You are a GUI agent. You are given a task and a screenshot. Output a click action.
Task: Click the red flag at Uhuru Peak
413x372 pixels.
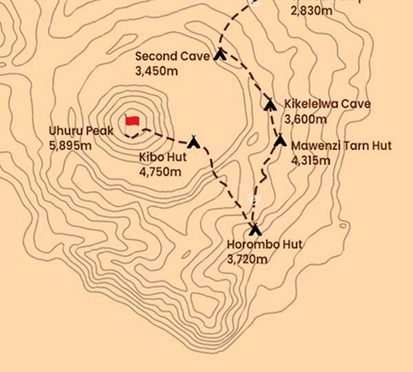point(132,121)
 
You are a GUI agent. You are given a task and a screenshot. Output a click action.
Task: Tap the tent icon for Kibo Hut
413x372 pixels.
point(194,143)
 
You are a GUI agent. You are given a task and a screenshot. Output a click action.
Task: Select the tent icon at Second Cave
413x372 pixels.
point(220,54)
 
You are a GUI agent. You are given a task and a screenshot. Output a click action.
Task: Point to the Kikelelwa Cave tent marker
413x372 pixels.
point(271,104)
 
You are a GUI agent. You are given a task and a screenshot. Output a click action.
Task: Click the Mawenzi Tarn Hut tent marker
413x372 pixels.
point(279,141)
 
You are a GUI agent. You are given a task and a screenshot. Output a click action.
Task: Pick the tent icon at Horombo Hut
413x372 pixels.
point(255,229)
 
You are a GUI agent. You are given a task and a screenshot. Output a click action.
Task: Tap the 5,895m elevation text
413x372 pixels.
point(70,145)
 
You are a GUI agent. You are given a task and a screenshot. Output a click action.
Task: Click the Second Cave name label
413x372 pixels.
point(172,56)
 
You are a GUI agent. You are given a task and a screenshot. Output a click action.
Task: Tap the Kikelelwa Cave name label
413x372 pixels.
point(328,105)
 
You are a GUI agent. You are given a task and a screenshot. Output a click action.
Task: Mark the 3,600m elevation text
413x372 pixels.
point(306,119)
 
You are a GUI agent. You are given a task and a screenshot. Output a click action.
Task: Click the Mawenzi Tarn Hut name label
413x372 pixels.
point(341,146)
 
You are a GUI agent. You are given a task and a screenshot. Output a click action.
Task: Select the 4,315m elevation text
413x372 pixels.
point(311,161)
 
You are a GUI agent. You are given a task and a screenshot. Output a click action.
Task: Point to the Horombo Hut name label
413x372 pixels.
point(264,245)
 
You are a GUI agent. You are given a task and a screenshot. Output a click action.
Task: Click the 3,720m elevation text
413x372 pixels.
point(246,260)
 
